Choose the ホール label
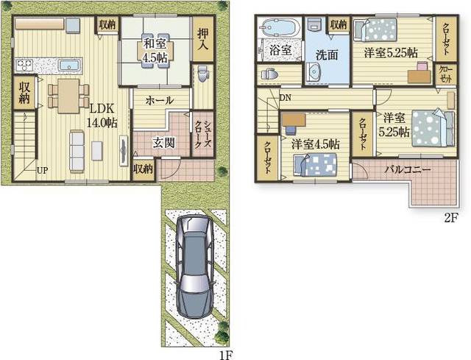(160, 100)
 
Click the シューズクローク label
(199, 133)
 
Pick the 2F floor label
(451, 219)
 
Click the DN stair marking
(284, 96)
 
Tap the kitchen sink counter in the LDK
(65, 65)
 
